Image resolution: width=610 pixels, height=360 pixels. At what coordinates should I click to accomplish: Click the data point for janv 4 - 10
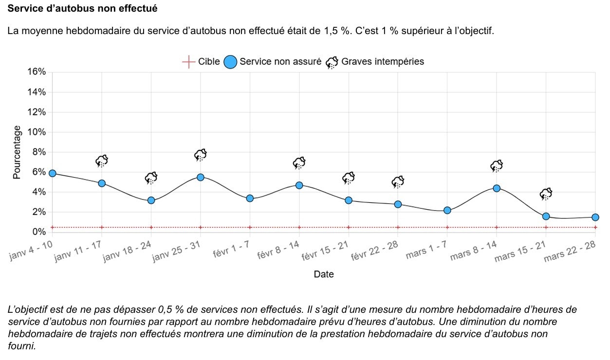(x=53, y=173)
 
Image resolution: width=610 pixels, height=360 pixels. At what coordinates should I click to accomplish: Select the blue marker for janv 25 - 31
(x=201, y=177)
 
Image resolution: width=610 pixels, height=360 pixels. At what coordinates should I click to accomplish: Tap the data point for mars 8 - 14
(x=497, y=188)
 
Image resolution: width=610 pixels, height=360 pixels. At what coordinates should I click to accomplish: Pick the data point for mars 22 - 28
(x=595, y=217)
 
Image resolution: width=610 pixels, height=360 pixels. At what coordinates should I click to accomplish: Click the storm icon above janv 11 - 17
(x=102, y=161)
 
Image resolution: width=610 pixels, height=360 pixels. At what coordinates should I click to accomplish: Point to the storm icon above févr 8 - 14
(x=299, y=163)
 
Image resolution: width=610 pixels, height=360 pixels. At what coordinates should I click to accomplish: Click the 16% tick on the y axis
(x=37, y=72)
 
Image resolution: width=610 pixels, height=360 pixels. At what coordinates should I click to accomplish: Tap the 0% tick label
(x=38, y=232)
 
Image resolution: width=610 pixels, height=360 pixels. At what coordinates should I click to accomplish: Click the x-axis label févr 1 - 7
(x=232, y=250)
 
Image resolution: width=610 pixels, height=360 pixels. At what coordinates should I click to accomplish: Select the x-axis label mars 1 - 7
(x=427, y=250)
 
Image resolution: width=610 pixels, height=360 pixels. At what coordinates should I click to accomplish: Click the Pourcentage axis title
(x=18, y=152)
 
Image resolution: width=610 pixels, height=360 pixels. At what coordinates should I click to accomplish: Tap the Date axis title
(x=324, y=274)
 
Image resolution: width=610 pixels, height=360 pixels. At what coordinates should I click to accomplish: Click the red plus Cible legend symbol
(x=188, y=62)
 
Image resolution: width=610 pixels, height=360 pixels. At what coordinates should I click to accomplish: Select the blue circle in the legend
(x=230, y=62)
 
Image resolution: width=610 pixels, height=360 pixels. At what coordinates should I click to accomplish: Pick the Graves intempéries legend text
(x=383, y=62)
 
